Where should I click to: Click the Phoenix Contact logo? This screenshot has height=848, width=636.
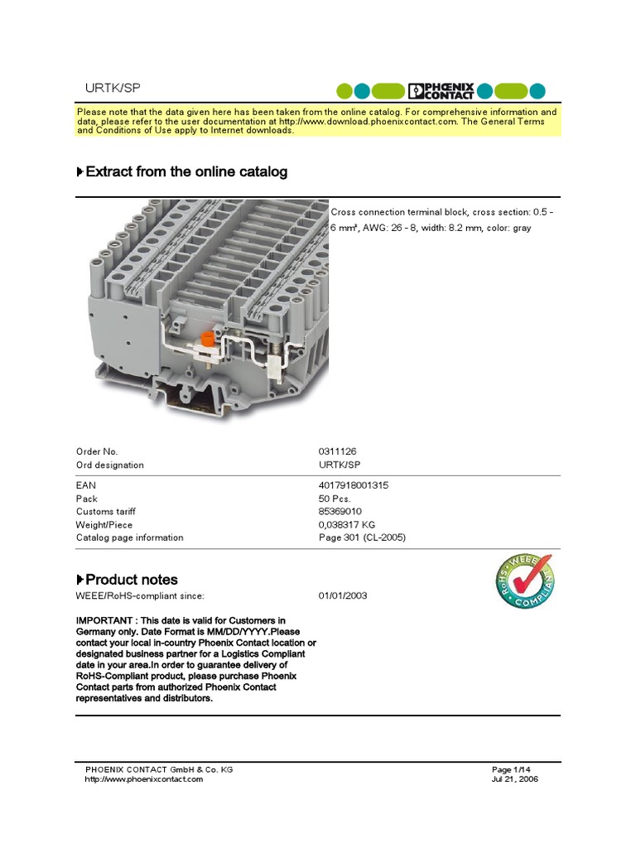(441, 91)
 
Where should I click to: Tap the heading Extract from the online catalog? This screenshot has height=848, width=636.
(186, 172)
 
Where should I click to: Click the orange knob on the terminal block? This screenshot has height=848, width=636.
(209, 339)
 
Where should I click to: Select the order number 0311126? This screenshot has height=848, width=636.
(337, 451)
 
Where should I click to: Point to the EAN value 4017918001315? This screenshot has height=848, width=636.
(353, 485)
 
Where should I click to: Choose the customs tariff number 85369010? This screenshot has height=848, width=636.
(340, 512)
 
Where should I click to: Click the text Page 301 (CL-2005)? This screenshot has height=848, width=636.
(362, 537)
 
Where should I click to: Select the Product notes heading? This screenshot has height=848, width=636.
(131, 580)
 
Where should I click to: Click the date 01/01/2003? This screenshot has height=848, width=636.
(343, 595)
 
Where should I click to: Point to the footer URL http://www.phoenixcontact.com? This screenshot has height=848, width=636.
(143, 779)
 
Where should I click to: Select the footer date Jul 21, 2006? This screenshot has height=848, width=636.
(515, 779)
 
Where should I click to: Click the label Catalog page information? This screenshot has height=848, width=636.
(129, 537)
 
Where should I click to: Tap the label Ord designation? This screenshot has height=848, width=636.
(109, 465)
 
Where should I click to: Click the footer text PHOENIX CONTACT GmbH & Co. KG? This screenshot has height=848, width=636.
(159, 769)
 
